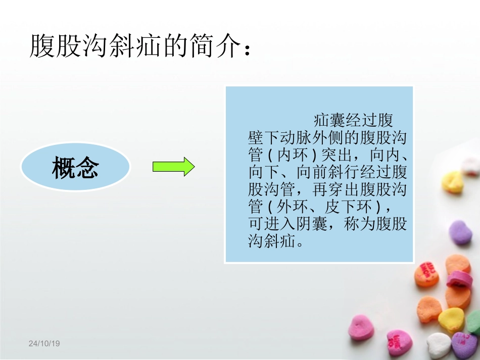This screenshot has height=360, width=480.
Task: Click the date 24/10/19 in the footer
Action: pyautogui.click(x=44, y=343)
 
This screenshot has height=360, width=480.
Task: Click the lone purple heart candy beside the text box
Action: pyautogui.click(x=460, y=233)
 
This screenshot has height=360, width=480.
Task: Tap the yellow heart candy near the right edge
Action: pyautogui.click(x=452, y=182)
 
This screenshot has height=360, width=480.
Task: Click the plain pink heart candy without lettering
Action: pyautogui.click(x=362, y=327)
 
